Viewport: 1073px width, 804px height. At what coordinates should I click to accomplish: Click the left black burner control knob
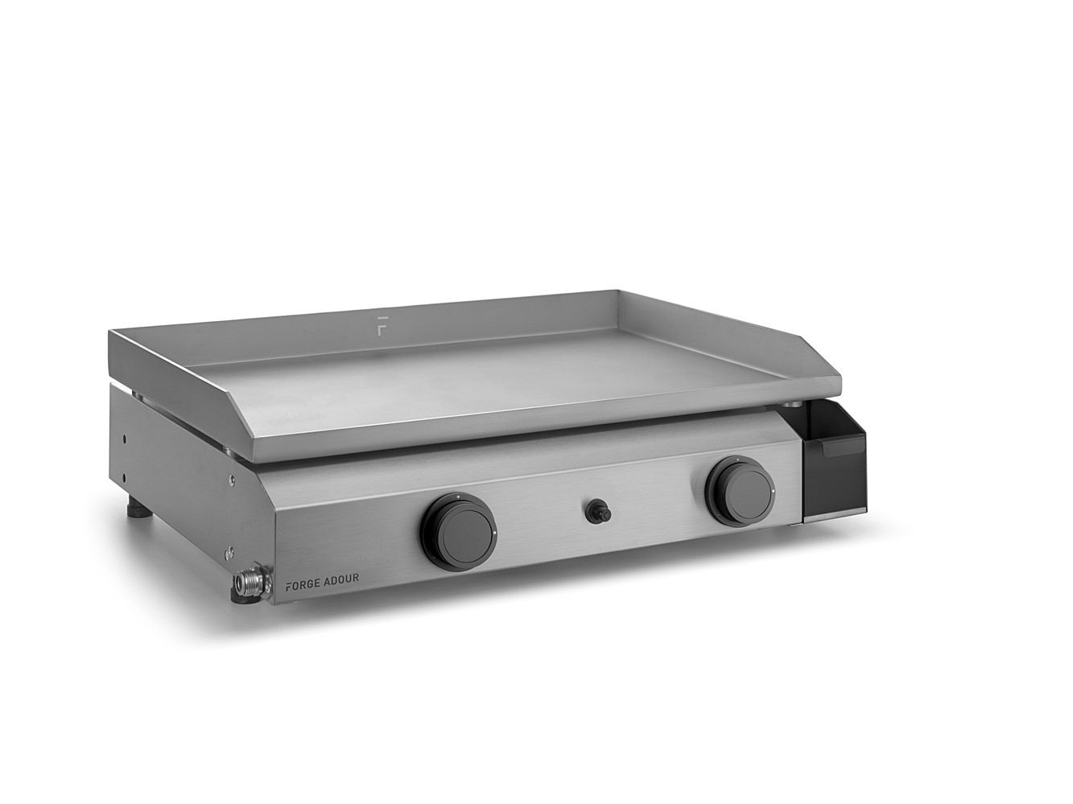tap(457, 528)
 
